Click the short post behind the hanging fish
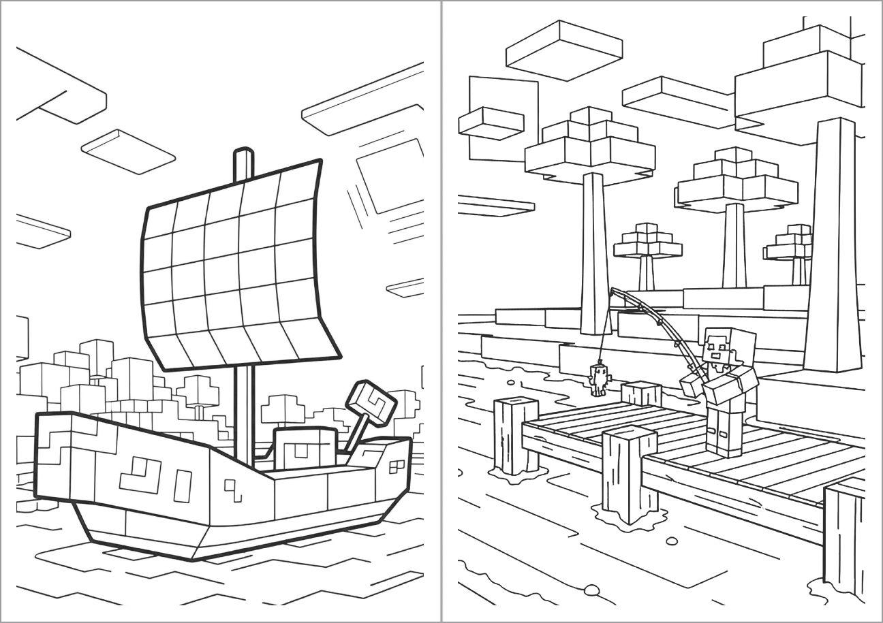[641, 393]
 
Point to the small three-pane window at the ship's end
[395, 466]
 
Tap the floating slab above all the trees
[564, 49]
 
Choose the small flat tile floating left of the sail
[128, 151]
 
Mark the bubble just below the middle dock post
[672, 541]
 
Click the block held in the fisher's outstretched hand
[691, 385]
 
